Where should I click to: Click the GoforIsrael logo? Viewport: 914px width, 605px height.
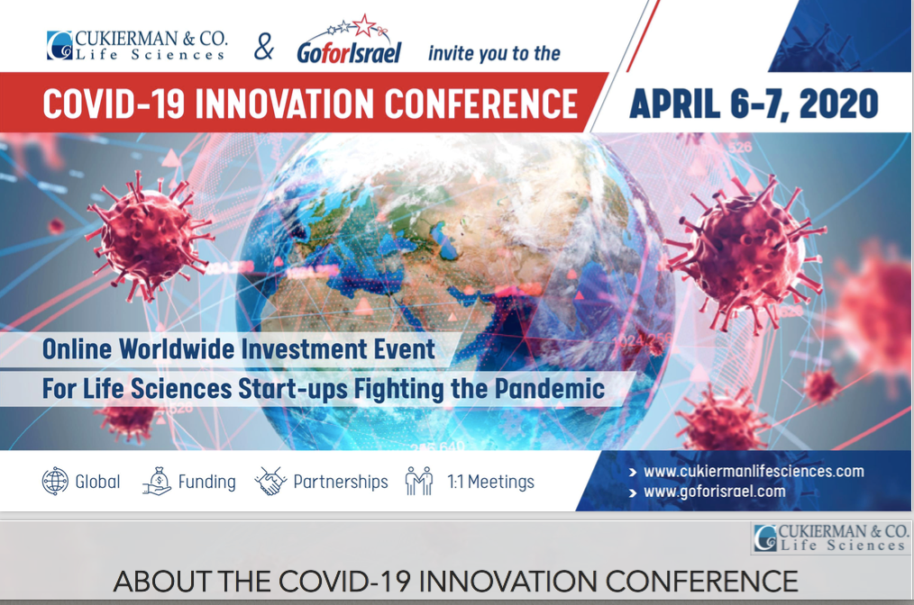pos(349,40)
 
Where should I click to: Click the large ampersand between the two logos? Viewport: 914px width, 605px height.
pos(264,47)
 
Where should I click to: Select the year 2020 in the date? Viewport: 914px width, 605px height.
pos(838,104)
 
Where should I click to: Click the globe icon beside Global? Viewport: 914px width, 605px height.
pos(55,482)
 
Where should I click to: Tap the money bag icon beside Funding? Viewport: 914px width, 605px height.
pos(157,482)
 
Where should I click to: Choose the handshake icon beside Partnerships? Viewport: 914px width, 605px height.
pos(270,482)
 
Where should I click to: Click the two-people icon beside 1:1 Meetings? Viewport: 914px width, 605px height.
pos(419,482)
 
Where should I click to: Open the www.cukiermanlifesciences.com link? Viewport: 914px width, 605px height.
pos(754,471)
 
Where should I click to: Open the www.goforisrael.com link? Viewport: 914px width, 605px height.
pos(715,492)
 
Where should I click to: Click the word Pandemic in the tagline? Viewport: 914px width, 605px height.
pos(549,388)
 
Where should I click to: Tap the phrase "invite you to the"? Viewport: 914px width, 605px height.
pos(494,54)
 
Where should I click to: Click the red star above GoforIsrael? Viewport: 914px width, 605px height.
pos(364,25)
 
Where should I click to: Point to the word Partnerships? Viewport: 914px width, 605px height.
pos(341,483)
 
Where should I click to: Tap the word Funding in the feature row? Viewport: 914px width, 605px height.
pos(207,483)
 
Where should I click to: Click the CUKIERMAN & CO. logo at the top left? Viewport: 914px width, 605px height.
pos(137,45)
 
